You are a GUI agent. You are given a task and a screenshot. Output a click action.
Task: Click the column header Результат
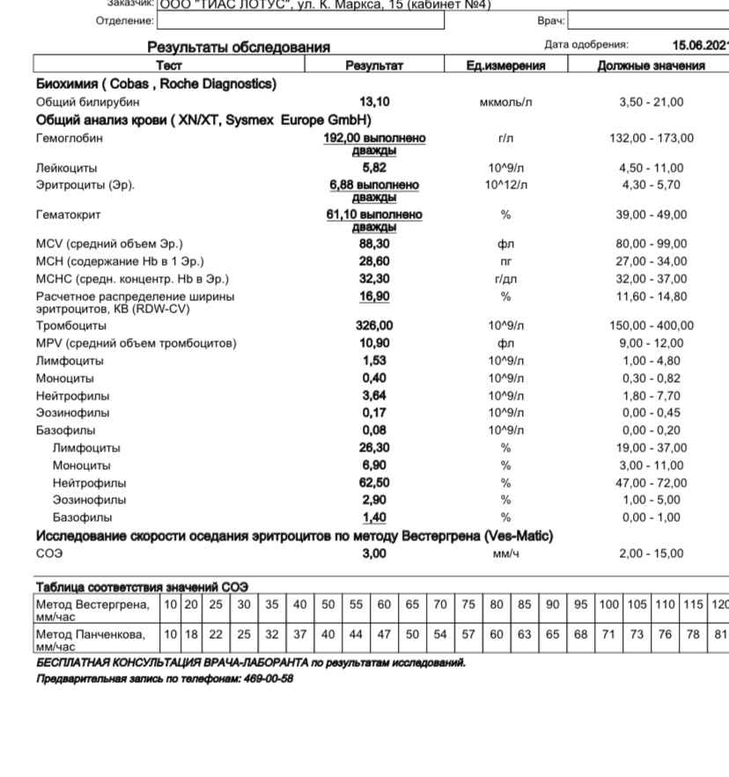[x=374, y=65]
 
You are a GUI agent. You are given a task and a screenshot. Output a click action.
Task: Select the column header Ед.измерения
[x=505, y=65]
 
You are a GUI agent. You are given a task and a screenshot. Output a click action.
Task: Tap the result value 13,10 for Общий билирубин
[x=375, y=102]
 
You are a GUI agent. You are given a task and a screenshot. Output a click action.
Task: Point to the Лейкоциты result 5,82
[x=375, y=167]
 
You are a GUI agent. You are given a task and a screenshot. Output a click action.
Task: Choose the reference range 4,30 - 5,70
[x=651, y=184]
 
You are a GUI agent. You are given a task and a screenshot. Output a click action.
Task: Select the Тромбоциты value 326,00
[x=375, y=326]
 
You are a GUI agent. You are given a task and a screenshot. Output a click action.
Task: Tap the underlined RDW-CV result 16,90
[x=375, y=296]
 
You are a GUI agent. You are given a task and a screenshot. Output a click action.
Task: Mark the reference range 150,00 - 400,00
[x=651, y=326]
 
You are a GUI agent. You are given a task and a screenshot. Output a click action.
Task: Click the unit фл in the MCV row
[x=505, y=244]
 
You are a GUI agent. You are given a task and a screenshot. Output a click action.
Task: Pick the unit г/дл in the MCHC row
[x=505, y=279]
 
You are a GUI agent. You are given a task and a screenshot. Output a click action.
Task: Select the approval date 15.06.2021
[x=700, y=44]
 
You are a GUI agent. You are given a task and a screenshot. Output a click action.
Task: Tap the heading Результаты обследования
[x=238, y=47]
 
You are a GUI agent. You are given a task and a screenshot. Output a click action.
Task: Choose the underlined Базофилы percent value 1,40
[x=375, y=517]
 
